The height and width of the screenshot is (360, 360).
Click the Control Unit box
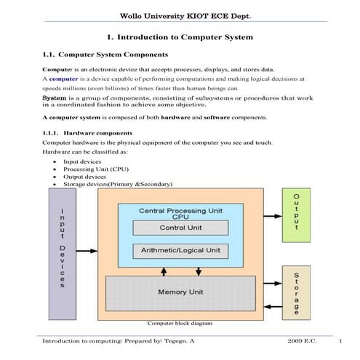[180, 227]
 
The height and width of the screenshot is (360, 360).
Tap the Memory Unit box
[180, 293]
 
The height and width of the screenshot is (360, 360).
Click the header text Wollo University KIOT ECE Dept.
[180, 15]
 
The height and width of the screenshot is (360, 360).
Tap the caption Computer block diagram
[180, 322]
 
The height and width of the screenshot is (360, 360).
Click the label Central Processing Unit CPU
[180, 212]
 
